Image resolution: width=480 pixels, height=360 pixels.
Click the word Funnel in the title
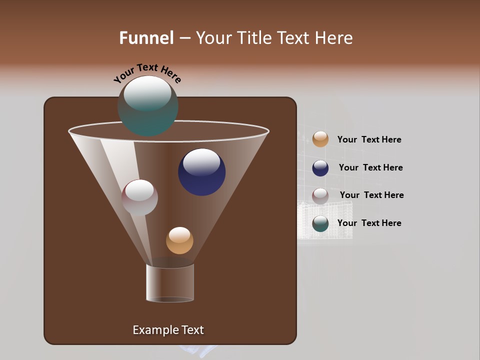146,38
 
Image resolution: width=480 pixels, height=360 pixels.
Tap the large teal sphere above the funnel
148,106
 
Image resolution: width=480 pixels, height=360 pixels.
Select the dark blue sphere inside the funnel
201,172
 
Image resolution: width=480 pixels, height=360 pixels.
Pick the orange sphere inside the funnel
179,240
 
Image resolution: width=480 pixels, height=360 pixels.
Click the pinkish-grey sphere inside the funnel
139,197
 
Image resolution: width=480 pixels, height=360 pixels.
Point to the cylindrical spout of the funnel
170,283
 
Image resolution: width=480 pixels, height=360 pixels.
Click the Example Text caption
168,330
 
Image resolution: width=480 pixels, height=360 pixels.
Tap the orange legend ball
320,139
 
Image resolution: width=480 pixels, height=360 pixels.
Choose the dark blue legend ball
320,168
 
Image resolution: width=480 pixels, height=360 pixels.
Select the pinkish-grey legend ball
320,196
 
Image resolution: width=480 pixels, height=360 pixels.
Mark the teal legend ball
320,223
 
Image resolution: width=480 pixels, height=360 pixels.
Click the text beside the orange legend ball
369,140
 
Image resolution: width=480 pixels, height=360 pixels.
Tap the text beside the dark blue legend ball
370,168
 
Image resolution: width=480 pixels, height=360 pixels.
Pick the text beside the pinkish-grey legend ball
371,195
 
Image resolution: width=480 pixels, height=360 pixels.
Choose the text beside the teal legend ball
369,223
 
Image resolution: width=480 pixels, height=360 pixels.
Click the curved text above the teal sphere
147,72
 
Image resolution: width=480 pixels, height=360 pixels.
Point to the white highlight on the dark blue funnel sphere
201,162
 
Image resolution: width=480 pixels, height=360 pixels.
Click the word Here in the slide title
334,38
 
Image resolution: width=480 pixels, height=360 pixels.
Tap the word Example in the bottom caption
152,330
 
